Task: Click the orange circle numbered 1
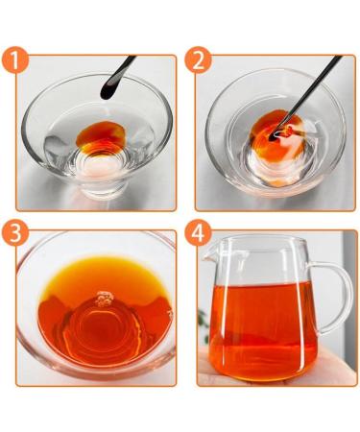15,60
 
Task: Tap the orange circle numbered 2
198,60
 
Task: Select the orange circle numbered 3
15,233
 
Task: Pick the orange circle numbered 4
198,233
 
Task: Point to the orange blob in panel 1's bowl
101,133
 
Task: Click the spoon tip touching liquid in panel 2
273,137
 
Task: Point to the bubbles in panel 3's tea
105,299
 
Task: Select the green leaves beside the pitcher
203,324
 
